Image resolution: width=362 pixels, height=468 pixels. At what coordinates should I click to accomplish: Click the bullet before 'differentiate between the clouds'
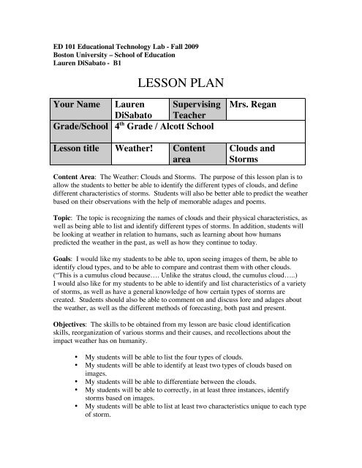tap(78, 401)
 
